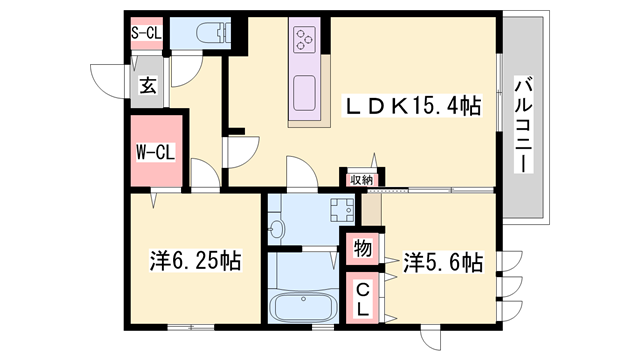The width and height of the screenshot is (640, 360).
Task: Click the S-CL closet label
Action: click(x=146, y=32)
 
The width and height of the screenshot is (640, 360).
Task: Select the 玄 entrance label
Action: click(x=148, y=86)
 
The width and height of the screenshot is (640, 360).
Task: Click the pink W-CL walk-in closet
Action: click(x=156, y=153)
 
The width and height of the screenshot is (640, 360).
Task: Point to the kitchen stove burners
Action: click(x=304, y=40)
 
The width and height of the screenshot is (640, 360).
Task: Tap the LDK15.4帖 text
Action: click(x=411, y=103)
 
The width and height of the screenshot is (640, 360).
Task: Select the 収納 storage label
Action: click(x=361, y=180)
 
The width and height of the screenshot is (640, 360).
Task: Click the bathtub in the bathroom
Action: click(x=304, y=305)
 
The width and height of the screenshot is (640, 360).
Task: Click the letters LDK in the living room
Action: click(x=375, y=103)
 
